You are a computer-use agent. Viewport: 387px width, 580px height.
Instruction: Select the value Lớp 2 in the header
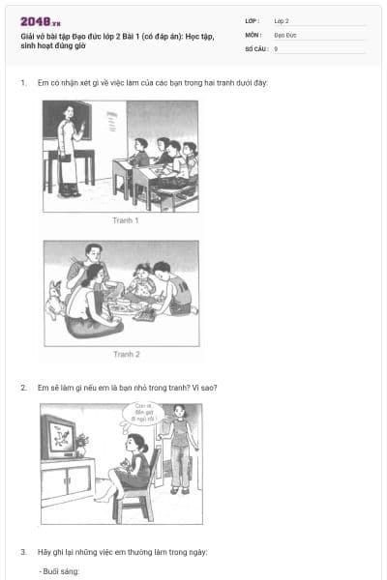281,20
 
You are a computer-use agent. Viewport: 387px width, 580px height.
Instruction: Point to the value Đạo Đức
285,34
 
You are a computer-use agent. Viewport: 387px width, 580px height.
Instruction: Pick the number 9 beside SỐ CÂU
276,47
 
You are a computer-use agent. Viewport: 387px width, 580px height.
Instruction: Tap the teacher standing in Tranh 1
68,155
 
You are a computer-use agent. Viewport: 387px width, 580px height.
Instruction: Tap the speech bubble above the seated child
142,415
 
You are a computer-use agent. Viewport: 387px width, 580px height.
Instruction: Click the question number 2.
23,388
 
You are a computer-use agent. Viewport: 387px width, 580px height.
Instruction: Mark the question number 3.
23,552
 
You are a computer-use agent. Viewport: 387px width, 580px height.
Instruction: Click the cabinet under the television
68,483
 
